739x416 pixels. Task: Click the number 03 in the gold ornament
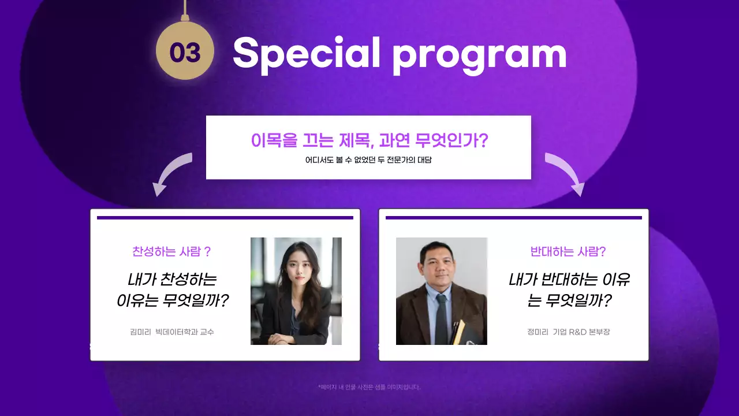click(185, 53)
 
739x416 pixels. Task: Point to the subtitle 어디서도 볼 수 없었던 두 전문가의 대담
click(368, 160)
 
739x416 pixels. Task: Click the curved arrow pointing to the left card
click(170, 173)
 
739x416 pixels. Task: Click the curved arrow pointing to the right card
click(566, 173)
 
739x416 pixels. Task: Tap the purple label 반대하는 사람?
click(568, 251)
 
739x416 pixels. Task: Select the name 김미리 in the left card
click(140, 332)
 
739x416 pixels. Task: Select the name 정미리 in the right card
click(537, 332)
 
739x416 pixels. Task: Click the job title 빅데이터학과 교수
click(185, 332)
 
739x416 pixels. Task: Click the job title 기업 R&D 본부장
click(581, 332)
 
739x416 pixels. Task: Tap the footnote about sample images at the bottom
click(369, 387)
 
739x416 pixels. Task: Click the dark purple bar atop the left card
click(225, 218)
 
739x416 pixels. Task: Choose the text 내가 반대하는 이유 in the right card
click(569, 280)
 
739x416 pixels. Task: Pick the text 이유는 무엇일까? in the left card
click(173, 300)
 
